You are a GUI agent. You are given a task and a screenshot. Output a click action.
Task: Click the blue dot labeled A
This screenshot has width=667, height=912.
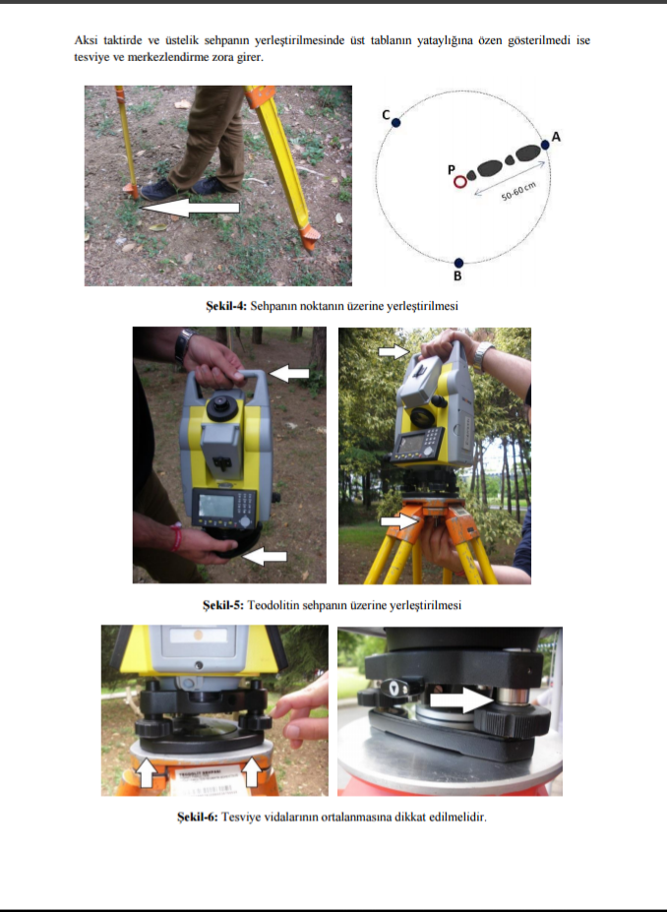[545, 145]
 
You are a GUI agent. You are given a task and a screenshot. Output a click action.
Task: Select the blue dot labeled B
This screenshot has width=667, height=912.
[458, 263]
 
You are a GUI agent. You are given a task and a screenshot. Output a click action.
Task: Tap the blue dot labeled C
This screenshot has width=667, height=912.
[396, 123]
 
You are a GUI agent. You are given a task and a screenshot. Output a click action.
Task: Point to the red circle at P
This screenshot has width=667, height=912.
[460, 182]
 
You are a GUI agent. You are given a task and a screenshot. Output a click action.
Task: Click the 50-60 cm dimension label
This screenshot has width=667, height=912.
[518, 192]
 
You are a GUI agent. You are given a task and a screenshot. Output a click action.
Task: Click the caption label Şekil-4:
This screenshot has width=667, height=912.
[226, 306]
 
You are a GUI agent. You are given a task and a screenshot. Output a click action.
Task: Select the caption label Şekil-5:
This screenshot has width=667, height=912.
[223, 605]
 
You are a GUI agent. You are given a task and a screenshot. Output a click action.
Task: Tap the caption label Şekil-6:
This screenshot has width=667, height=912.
[198, 817]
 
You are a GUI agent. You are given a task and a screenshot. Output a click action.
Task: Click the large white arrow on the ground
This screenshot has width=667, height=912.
[190, 207]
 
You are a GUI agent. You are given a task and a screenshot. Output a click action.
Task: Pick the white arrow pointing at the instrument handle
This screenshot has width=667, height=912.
[289, 373]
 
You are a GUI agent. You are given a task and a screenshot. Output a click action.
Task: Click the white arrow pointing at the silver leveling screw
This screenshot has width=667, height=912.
[463, 699]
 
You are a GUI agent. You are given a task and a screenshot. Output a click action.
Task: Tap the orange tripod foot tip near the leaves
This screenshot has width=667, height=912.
[310, 238]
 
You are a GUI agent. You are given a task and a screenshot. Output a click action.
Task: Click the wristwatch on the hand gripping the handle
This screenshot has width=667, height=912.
[184, 344]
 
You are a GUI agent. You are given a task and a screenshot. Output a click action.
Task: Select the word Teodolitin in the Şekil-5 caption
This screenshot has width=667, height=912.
[273, 605]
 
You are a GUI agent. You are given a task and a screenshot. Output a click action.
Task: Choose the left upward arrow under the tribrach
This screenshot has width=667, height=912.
[148, 773]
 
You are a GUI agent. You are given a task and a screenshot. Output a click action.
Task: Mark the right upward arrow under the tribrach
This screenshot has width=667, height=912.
[251, 772]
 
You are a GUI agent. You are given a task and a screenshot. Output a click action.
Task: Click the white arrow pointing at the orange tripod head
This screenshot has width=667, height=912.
[399, 520]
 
